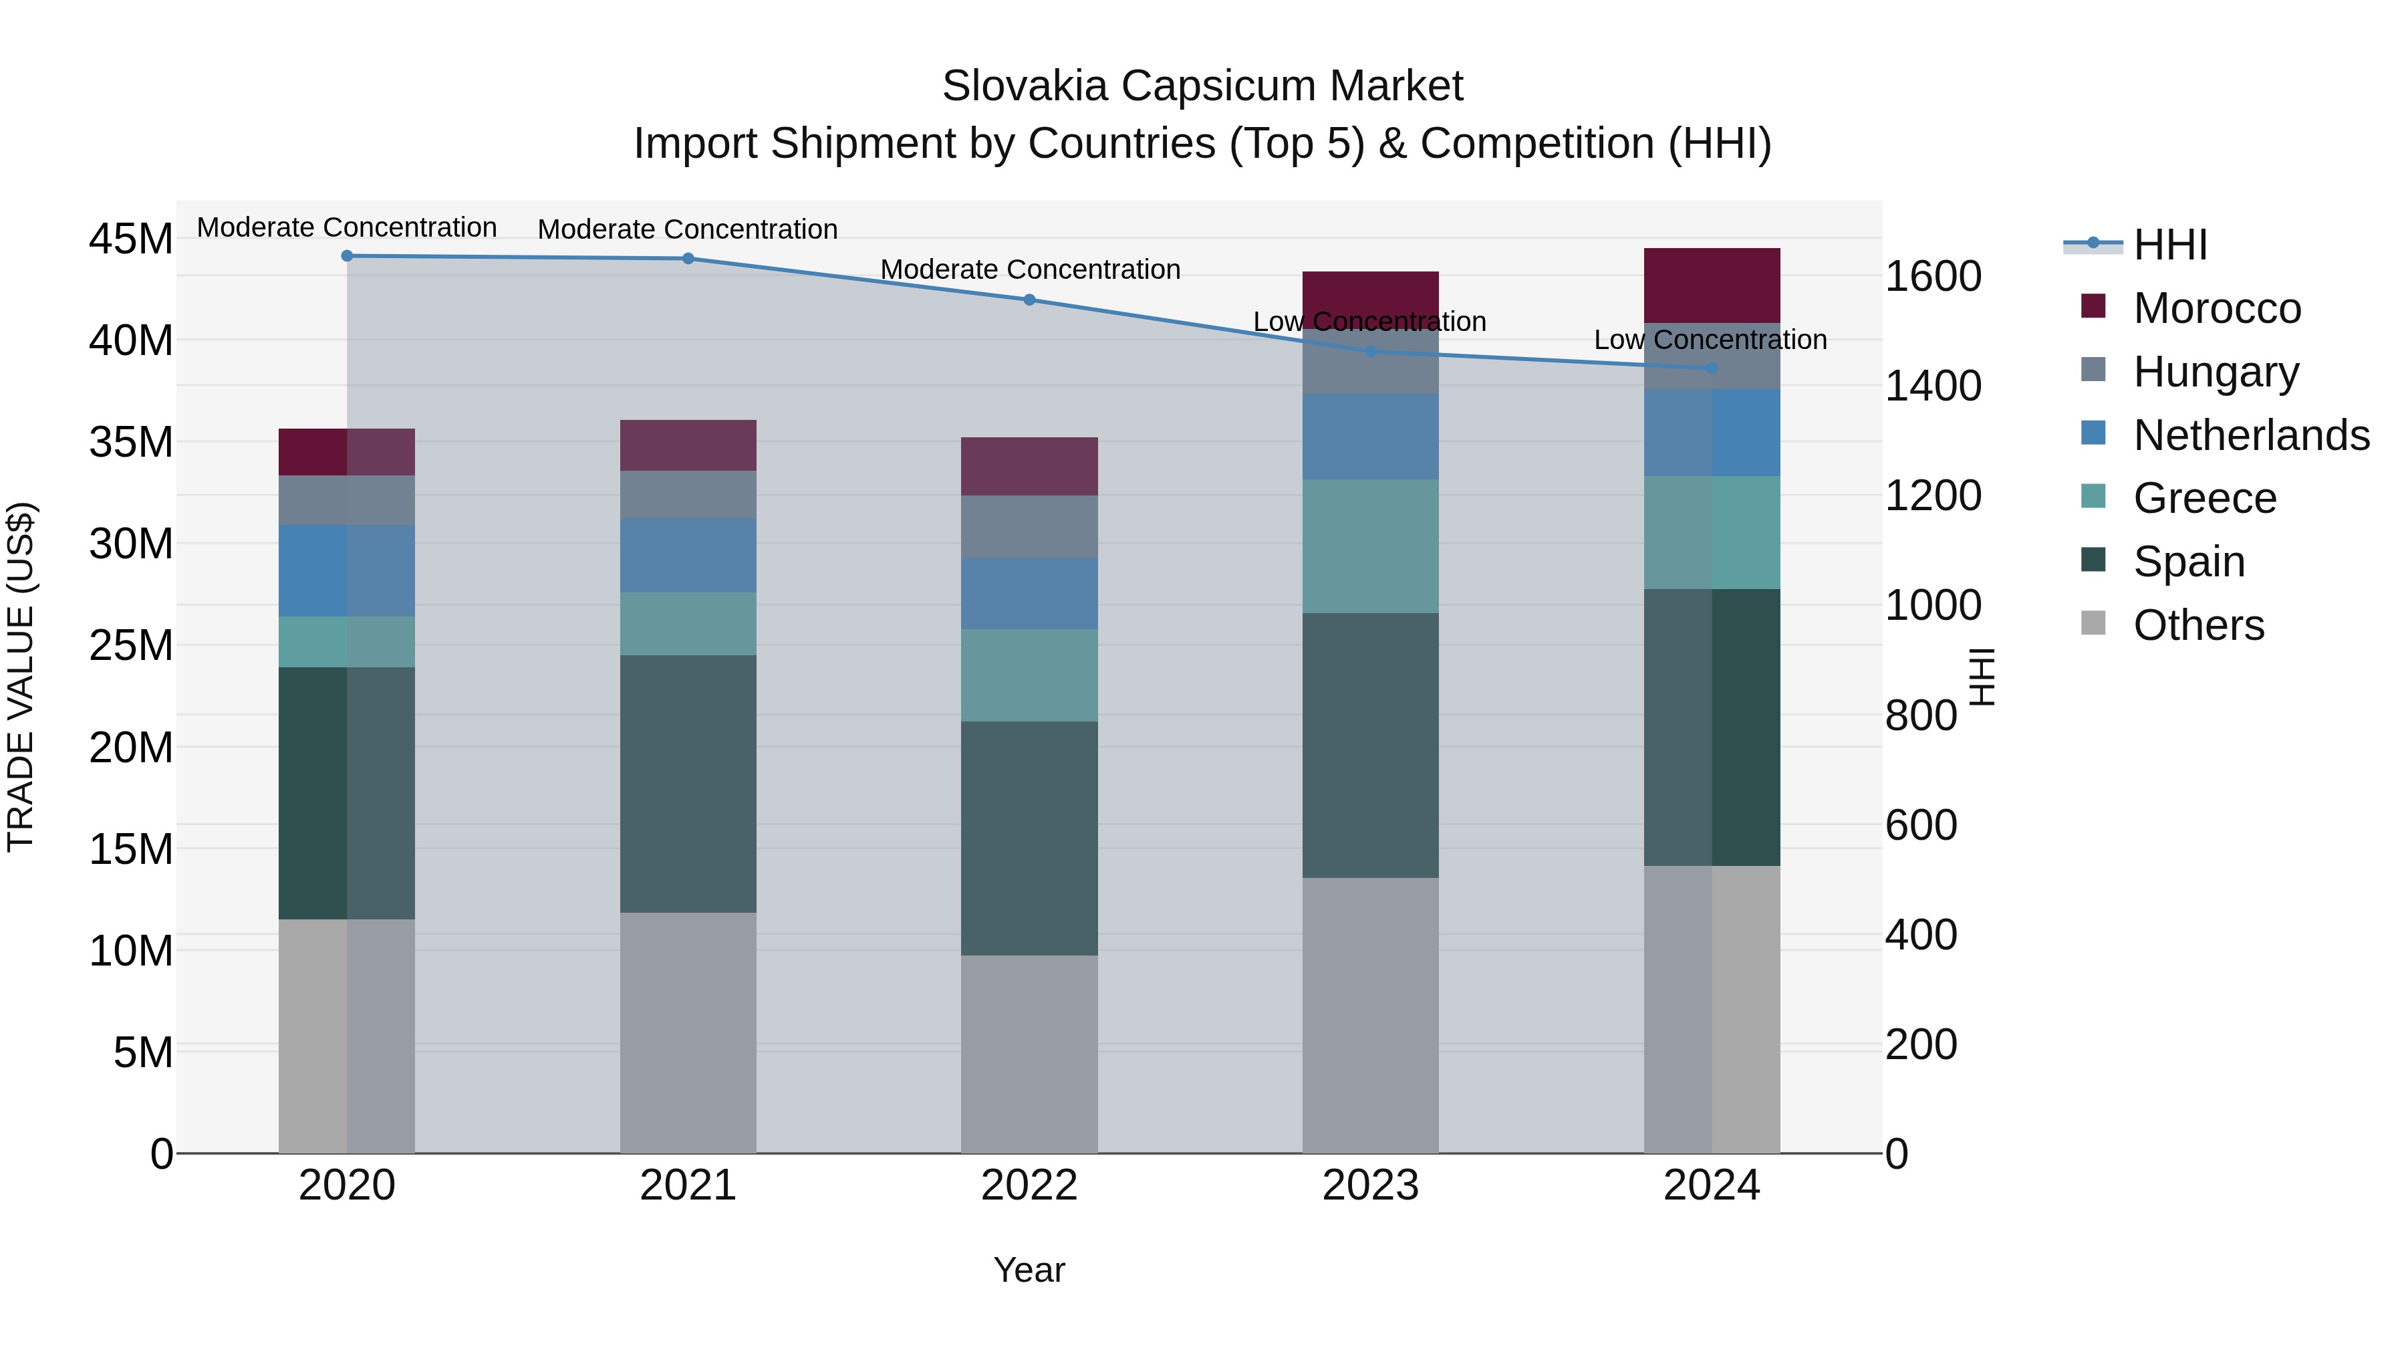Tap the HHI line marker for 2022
click(1029, 300)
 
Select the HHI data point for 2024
click(1712, 368)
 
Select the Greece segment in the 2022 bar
click(1029, 675)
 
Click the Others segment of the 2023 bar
click(1370, 1015)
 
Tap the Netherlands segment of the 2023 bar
click(1370, 437)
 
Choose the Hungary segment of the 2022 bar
click(1029, 527)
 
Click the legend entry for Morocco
click(2216, 308)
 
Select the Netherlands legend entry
click(2251, 435)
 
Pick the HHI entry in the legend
click(2169, 245)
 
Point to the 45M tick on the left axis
click(131, 239)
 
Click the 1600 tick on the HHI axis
click(1932, 277)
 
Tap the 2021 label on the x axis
click(688, 1186)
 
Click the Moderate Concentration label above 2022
click(1030, 269)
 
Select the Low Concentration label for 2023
click(1369, 322)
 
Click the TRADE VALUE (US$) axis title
click(21, 677)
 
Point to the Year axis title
click(1029, 1270)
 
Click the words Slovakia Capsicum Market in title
click(1202, 86)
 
